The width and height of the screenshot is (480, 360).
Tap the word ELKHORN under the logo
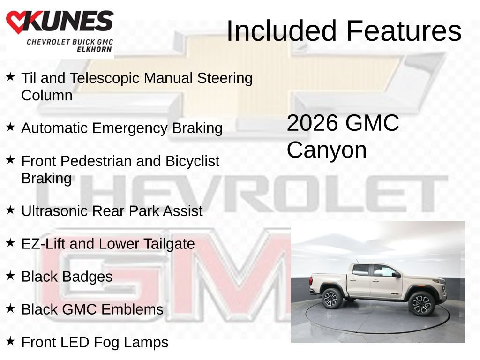94,49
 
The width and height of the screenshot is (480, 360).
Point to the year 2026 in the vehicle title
313,123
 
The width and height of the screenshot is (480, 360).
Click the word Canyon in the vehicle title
327,150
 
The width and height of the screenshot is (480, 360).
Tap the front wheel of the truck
422,303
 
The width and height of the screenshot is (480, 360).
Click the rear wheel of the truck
332,298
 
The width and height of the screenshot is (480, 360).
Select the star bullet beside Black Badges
10,275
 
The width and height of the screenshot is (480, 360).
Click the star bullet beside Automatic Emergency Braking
10,127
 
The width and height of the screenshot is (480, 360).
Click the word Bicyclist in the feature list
192,161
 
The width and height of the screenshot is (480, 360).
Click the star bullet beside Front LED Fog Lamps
10,341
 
